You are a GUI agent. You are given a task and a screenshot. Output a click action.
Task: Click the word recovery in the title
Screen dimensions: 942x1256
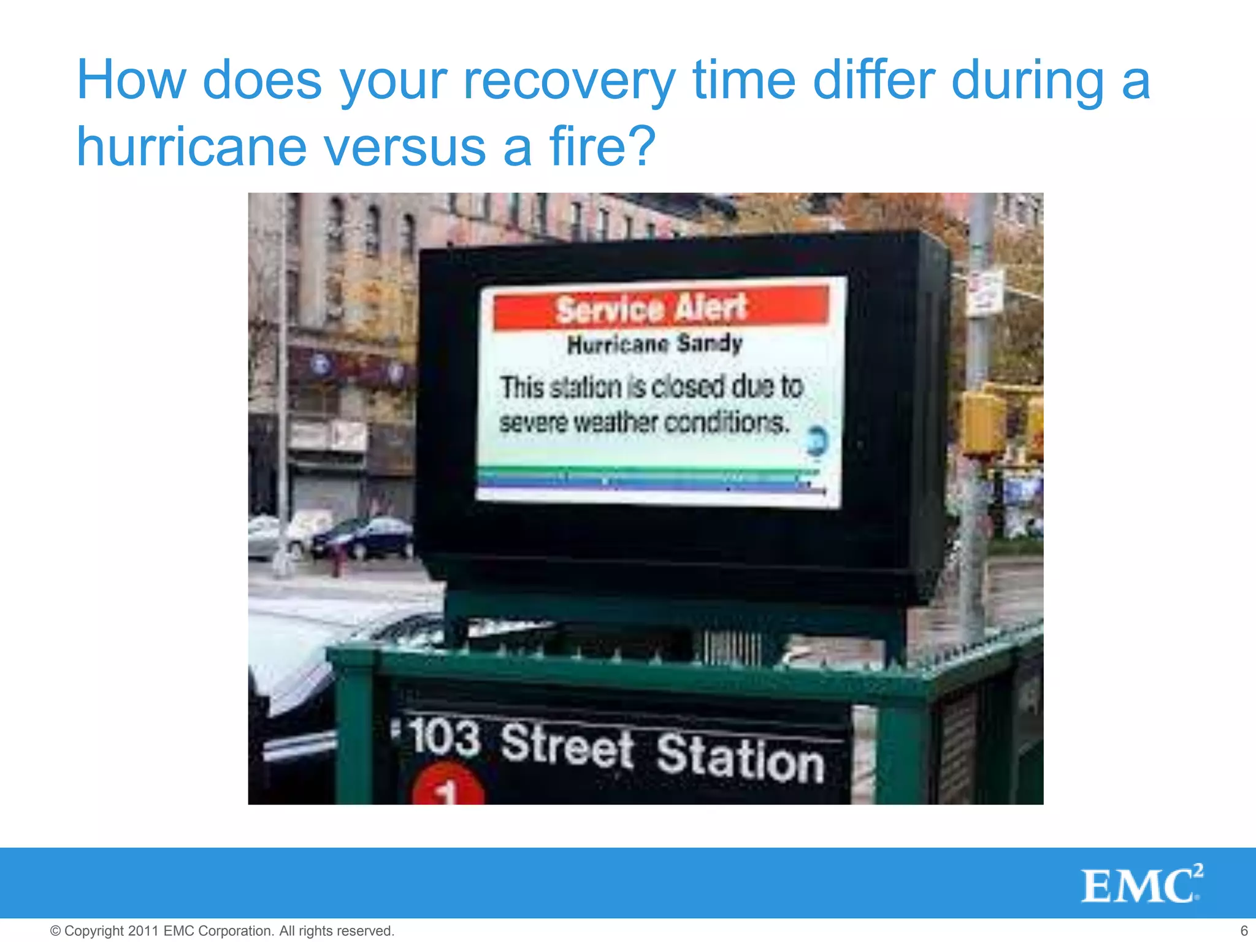tap(569, 81)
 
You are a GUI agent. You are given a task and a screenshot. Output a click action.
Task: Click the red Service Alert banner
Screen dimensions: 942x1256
tap(660, 308)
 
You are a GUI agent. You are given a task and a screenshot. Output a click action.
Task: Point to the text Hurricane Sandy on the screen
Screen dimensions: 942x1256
tap(655, 344)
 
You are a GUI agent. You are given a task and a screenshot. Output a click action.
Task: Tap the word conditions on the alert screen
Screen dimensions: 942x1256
tap(727, 423)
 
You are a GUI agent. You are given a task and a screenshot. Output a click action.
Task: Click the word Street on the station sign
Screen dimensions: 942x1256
tap(567, 745)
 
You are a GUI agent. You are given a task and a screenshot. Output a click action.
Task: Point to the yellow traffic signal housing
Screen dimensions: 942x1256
tap(983, 423)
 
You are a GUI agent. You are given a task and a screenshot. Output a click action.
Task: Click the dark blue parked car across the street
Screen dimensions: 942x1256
tap(364, 538)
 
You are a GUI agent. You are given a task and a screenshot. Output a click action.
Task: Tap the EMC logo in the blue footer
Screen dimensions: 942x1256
tap(1141, 884)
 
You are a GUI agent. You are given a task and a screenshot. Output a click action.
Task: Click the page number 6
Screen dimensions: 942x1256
tap(1244, 930)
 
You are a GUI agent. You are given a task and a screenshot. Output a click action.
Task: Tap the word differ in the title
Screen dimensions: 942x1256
tap(873, 81)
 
